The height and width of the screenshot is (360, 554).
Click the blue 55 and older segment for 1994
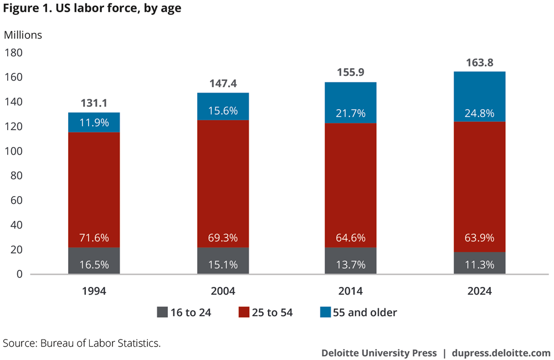(94, 122)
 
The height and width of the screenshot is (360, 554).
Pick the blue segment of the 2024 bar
(479, 96)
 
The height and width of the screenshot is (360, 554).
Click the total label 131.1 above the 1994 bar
(94, 103)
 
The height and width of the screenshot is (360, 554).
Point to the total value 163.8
(479, 63)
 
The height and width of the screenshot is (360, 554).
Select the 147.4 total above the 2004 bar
(223, 84)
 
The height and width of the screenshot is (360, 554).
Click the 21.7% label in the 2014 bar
(351, 113)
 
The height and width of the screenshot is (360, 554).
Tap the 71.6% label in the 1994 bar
(94, 238)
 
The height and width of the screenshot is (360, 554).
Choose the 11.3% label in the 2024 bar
(479, 264)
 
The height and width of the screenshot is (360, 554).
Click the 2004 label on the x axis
(223, 291)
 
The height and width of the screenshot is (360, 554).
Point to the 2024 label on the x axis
(479, 291)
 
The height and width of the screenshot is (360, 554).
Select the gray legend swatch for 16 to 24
(162, 312)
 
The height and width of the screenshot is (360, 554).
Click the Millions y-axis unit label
(23, 35)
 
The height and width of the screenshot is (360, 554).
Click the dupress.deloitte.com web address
(501, 353)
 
